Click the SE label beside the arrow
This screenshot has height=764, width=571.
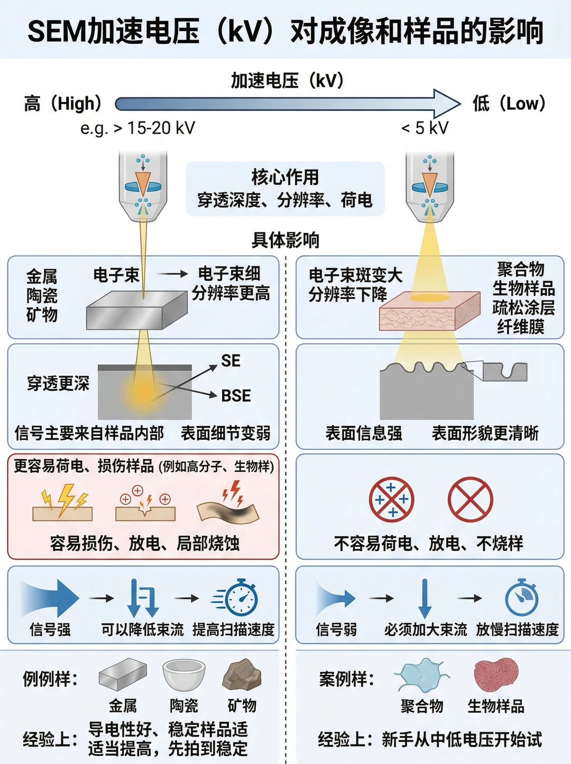tap(231, 360)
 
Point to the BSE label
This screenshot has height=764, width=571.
tap(236, 396)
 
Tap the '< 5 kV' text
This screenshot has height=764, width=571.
tap(425, 128)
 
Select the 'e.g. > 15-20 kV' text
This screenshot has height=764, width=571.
tap(137, 128)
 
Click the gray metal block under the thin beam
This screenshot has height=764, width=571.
tap(137, 310)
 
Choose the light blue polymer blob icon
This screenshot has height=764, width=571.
tap(421, 675)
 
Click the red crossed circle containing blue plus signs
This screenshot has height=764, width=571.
tap(391, 499)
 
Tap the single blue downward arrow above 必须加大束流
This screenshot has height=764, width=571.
tap(425, 598)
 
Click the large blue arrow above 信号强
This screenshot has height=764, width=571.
tap(50, 598)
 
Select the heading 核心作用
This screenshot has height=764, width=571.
tap(285, 177)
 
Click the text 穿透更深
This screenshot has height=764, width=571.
tap(59, 383)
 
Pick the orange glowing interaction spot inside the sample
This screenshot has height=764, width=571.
tap(143, 393)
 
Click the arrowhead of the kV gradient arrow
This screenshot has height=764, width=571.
tap(447, 104)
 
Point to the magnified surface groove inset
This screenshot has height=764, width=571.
tap(505, 372)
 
